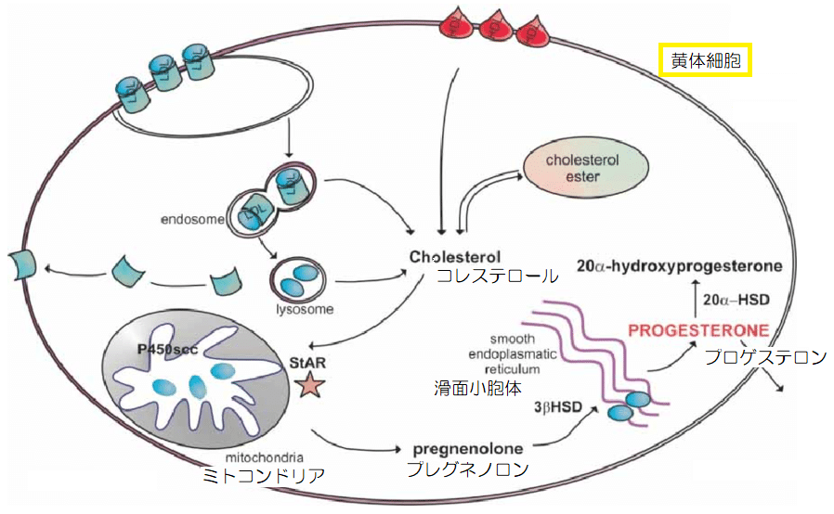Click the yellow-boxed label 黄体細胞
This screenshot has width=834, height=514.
(703, 61)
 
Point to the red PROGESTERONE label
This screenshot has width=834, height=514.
(697, 330)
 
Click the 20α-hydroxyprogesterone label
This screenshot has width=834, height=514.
(678, 266)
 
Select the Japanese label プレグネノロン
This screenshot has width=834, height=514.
(467, 469)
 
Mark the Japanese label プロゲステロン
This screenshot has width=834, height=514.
(765, 357)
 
